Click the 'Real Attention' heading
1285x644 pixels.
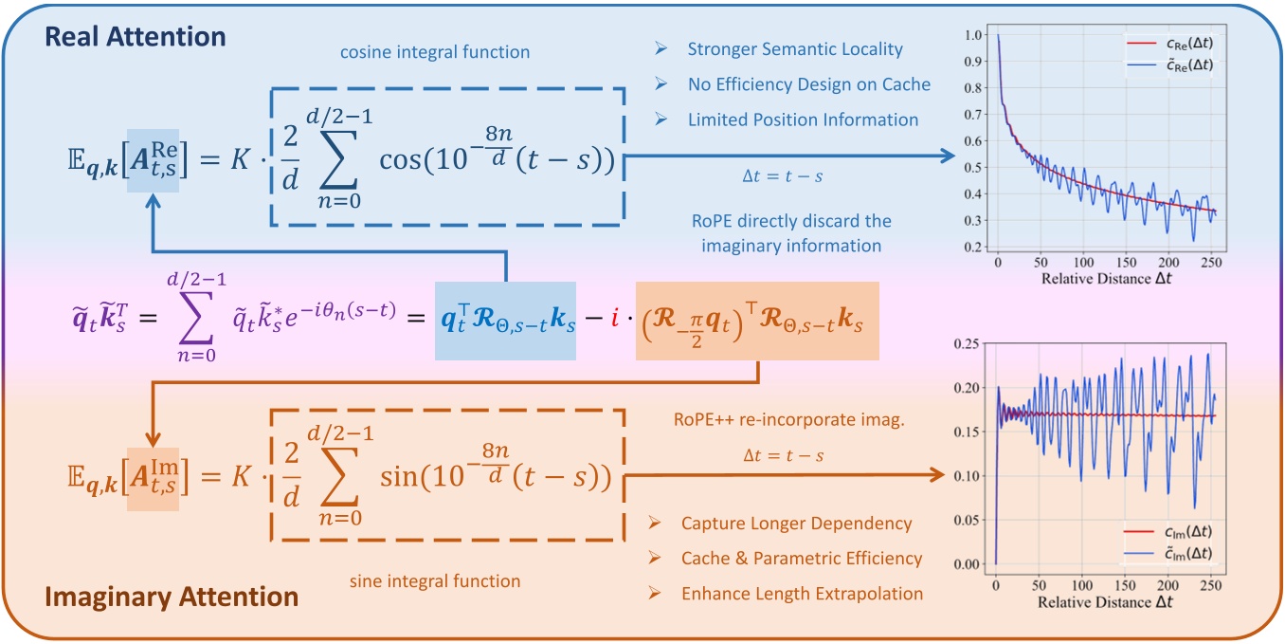136,37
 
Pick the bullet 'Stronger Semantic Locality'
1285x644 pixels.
795,49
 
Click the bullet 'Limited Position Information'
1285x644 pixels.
803,120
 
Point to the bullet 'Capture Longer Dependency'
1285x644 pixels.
796,524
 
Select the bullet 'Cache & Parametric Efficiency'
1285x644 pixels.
801,559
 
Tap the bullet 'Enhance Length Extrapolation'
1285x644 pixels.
802,594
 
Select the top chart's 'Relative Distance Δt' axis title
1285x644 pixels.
1105,279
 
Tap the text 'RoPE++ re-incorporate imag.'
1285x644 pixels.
783,421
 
